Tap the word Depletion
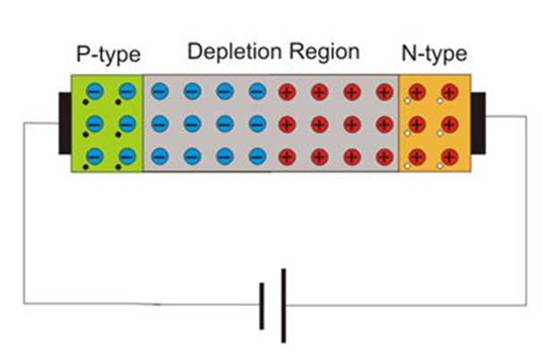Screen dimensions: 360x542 coord(235,52)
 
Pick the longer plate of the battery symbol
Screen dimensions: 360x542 coord(283,305)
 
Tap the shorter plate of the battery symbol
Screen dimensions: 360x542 coord(262,305)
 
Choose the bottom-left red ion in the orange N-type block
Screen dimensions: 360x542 coord(417,157)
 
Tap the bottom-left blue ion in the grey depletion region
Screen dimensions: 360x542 coord(159,157)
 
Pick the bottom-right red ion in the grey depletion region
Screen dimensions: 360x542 coord(384,157)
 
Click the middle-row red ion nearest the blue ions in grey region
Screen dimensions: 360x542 coord(288,124)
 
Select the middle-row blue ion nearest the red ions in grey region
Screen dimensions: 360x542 coord(257,124)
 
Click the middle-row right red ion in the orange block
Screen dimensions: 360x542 coord(448,124)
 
